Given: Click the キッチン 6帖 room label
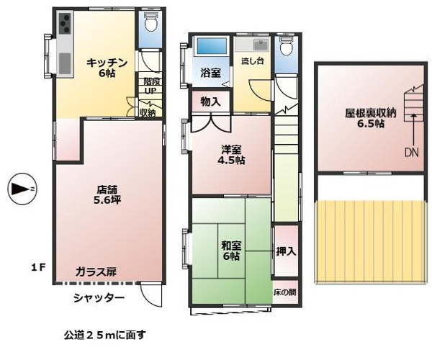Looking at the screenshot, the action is tap(107, 68).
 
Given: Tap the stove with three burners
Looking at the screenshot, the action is tap(65, 23).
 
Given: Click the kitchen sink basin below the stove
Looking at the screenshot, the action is tap(65, 63).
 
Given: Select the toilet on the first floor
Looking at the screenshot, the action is tap(150, 22).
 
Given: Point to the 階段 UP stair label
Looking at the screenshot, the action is tap(150, 86).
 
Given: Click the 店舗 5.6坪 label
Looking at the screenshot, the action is tap(107, 194).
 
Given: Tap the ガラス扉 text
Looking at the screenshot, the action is tap(96, 272).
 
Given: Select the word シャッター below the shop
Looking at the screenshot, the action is tap(99, 298).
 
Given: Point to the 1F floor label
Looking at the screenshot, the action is tap(37, 267).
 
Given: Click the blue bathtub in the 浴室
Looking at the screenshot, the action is tap(210, 46).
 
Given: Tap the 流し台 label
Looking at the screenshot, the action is tap(253, 61).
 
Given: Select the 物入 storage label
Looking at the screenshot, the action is tap(211, 102).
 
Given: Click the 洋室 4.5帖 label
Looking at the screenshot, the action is tap(231, 155).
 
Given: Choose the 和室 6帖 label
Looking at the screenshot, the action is tap(231, 251).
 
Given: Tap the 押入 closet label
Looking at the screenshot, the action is tap(286, 251).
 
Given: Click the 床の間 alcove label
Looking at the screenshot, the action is tap(285, 292).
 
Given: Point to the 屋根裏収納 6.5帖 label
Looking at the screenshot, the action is tap(371, 118).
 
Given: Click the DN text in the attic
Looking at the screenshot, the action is tap(412, 152).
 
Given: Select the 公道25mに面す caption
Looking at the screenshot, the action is tap(104, 335).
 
